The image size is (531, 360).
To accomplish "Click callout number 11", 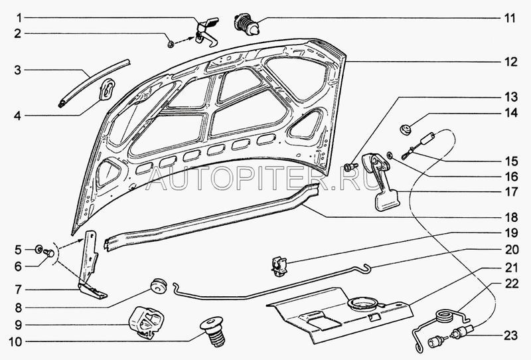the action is click(510, 18).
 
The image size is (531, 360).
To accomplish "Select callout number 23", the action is click(510, 335).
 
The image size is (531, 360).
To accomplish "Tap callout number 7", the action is click(18, 290).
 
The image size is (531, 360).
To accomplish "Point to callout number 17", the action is click(510, 192).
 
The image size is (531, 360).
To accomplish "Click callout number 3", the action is click(18, 70).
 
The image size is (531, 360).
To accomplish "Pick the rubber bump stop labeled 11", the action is click(246, 24).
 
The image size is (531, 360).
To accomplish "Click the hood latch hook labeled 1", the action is click(207, 33).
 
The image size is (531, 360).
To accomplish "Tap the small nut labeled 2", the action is click(171, 43).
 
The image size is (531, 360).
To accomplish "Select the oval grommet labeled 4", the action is click(107, 89).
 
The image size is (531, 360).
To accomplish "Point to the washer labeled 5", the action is click(38, 250).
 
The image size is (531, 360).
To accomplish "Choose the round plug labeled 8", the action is click(158, 286).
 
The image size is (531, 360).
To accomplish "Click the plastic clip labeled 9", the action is click(146, 322).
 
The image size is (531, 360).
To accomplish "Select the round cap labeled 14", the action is click(405, 129).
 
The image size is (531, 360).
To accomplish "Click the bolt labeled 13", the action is click(351, 167).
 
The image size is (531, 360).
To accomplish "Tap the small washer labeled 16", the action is click(390, 155).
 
